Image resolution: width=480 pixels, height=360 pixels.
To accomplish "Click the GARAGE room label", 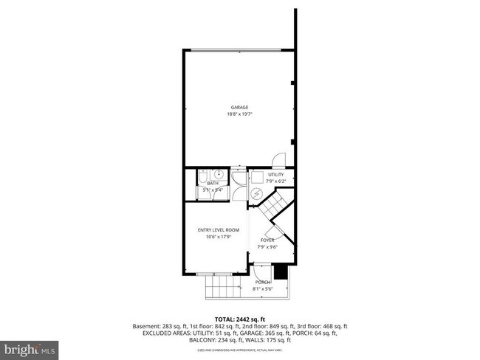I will tap(239, 107).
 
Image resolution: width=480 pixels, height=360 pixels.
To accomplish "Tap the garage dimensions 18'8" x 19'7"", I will tap(239, 115).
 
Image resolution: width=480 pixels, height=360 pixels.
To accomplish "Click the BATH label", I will tap(213, 183).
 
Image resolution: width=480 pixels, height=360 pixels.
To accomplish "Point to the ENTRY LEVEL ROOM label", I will tap(218, 229).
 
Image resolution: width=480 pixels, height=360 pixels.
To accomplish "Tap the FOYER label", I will tap(266, 239).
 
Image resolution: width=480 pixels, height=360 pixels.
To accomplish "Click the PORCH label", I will tap(263, 283).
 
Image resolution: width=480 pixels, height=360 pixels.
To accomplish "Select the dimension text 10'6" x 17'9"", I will tap(218, 237).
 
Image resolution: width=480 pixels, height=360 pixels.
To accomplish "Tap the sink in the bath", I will tap(219, 175).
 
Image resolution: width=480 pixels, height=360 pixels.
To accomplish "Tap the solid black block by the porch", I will tap(279, 272).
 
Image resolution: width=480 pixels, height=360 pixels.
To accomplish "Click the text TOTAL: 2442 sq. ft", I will tap(240, 319).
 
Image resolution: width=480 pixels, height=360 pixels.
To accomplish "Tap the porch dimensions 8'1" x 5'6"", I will tap(263, 289).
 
